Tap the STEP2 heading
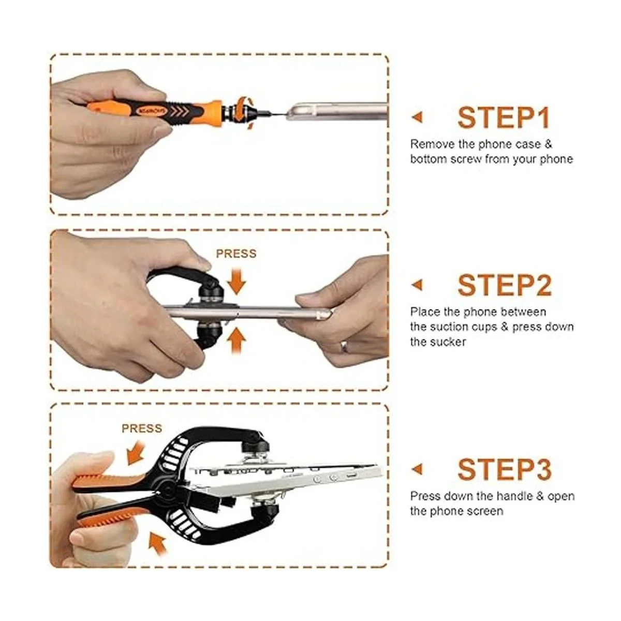(505, 285)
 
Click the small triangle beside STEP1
(418, 117)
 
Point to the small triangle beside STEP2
(418, 285)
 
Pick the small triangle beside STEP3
(418, 469)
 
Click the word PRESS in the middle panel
(236, 254)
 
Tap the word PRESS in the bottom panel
(142, 428)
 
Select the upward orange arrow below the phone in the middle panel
(236, 341)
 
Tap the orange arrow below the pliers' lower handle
(158, 545)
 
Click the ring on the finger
(344, 347)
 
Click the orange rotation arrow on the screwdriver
(244, 111)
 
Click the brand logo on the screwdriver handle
(151, 111)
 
